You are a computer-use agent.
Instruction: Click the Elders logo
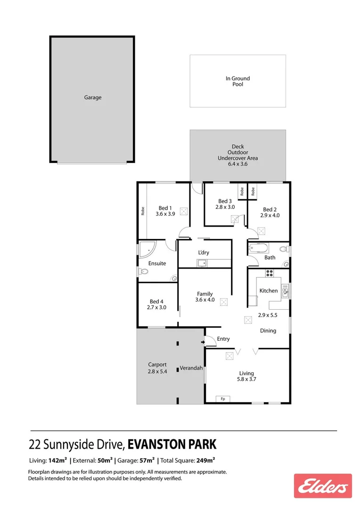[323, 486]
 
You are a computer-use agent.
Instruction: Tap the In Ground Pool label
[237, 81]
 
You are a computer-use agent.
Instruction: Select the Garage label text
[93, 98]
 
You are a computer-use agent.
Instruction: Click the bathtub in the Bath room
[258, 248]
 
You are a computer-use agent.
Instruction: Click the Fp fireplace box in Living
[223, 399]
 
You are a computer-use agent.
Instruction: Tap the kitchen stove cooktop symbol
[270, 272]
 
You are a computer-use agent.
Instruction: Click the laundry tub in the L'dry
[203, 263]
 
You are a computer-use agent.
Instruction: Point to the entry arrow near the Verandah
[203, 342]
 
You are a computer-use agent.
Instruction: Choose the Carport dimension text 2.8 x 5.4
[157, 371]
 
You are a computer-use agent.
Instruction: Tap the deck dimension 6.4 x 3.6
[237, 164]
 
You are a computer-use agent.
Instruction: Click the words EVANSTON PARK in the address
[172, 444]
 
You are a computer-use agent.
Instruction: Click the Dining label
[268, 331]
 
